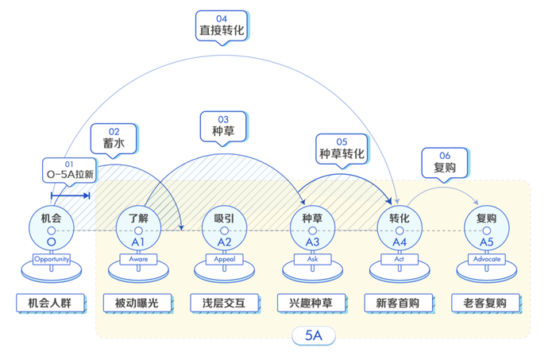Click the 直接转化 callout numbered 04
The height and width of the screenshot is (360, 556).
(222, 26)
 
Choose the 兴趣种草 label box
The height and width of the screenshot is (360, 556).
(312, 303)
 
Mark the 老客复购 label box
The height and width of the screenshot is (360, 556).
(485, 303)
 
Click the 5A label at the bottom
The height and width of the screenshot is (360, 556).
(312, 336)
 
